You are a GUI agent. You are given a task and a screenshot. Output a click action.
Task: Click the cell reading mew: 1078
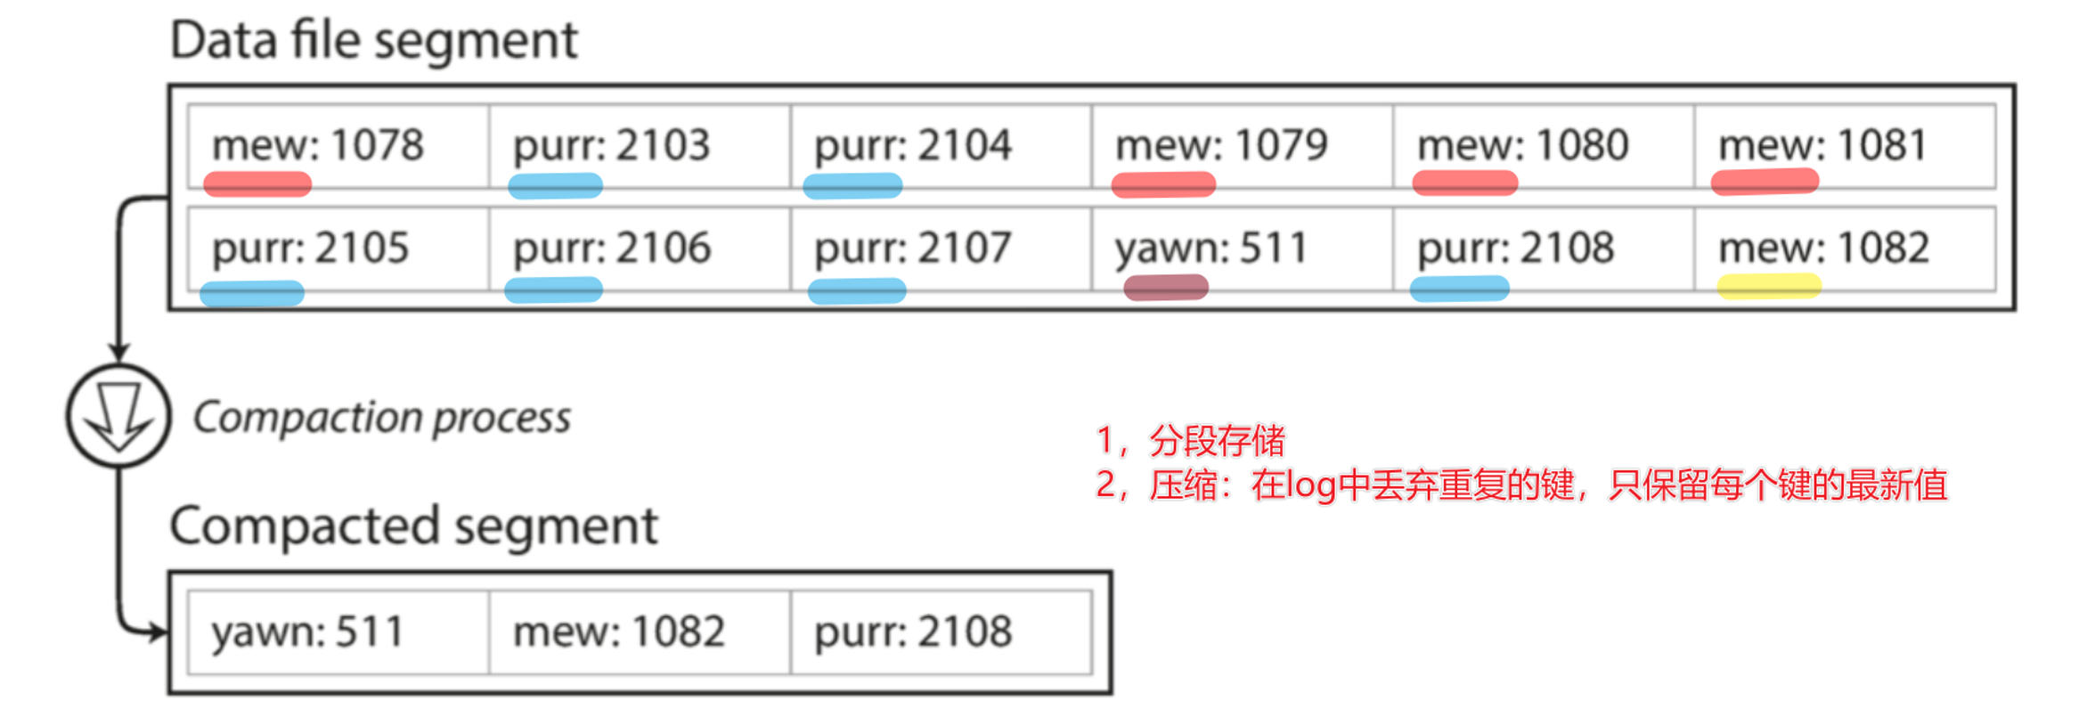[x=338, y=146]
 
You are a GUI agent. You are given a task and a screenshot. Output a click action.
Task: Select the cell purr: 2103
[x=639, y=146]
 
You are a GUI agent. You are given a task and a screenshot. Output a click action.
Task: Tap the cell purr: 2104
[x=940, y=146]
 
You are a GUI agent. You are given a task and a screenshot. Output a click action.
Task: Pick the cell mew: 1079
[x=1241, y=146]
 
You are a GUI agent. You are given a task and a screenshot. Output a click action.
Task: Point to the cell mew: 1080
[x=1542, y=146]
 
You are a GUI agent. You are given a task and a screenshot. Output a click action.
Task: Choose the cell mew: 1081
[x=1843, y=146]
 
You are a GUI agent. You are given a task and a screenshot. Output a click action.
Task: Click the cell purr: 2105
[x=338, y=249]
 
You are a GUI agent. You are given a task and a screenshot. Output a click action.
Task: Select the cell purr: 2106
[x=639, y=249]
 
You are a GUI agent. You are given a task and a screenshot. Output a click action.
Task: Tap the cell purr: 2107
[x=940, y=249]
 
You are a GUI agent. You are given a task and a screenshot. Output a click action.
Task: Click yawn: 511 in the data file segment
[x=1241, y=249]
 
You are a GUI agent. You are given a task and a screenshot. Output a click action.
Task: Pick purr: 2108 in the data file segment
[x=1542, y=249]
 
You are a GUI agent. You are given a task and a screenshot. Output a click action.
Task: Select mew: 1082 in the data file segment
[x=1843, y=249]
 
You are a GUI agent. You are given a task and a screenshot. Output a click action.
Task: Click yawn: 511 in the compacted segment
[x=338, y=632]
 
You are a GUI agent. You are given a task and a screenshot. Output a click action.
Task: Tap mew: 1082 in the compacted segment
[x=639, y=632]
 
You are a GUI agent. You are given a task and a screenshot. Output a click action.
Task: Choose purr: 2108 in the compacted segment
[x=940, y=632]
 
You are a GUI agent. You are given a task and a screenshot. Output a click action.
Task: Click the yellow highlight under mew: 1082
[x=1768, y=286]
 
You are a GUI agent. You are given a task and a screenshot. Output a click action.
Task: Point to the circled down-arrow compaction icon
[x=118, y=415]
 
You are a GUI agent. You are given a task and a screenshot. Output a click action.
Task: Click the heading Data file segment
[x=373, y=41]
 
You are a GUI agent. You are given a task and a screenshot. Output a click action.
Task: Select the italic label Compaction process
[x=381, y=418]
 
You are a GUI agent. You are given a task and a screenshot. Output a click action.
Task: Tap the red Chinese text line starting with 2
[x=1520, y=485]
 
